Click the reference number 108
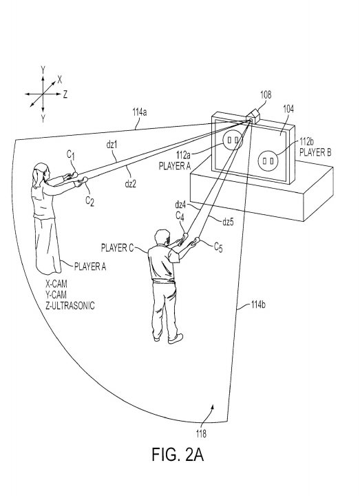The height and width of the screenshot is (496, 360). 266,94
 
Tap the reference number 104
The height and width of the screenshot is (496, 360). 288,109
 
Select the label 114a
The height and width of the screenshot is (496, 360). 139,112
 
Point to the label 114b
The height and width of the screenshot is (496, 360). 258,304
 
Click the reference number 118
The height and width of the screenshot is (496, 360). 201,433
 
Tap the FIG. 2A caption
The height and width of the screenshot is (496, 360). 178,454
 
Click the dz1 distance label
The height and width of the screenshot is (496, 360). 112,145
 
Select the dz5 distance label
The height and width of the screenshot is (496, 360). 228,222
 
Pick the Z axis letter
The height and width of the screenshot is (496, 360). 65,94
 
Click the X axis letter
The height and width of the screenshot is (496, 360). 60,80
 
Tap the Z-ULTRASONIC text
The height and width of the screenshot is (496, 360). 70,306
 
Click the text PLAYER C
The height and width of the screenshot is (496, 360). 117,248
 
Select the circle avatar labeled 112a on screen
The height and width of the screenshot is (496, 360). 233,140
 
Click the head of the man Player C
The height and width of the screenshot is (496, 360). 162,238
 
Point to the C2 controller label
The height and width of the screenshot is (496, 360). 90,201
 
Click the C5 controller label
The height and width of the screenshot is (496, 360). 218,247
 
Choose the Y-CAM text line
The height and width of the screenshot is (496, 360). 56,295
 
